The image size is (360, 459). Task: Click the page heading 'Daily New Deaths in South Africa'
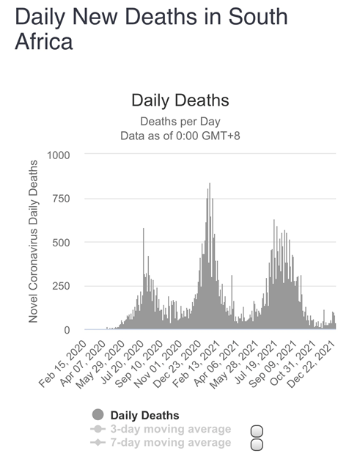coord(151,29)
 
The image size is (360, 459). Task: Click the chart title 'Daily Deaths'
coord(180,100)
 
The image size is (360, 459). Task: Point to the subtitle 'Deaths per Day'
coord(180,122)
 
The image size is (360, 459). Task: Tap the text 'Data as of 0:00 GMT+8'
coord(180,136)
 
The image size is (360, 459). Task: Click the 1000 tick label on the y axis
coord(59,155)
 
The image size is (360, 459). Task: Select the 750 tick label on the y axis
coord(61,199)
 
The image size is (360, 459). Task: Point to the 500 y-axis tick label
coord(61,243)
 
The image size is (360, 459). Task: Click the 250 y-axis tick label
coord(61,286)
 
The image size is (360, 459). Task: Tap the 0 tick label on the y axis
coord(67,330)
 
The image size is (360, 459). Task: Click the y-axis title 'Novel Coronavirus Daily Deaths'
coord(34,241)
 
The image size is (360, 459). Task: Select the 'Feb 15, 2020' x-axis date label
coord(62,364)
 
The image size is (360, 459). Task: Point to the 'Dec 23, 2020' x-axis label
coord(177,364)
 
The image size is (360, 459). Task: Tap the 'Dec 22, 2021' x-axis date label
coord(311,364)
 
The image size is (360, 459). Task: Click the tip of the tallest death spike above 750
coord(210,183)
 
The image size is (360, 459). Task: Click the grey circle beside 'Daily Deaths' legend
coord(98,415)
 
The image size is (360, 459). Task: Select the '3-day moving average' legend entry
coord(161,429)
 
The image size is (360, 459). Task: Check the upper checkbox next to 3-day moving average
coord(257,431)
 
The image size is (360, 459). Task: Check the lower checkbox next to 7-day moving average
coord(257,444)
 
